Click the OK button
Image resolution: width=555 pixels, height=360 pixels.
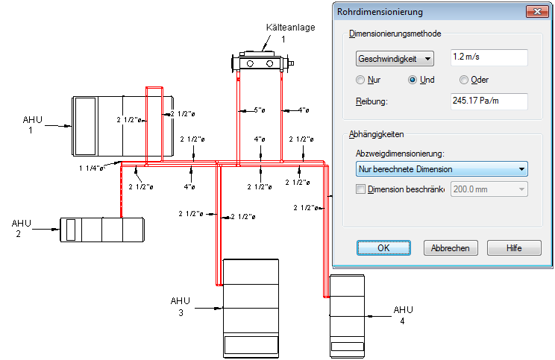tap(383, 248)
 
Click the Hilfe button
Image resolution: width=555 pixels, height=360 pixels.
tap(514, 248)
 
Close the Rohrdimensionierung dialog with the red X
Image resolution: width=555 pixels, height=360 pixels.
tap(535, 11)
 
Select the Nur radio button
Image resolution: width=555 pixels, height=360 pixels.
tap(361, 80)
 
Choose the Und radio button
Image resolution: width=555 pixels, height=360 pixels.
tap(413, 80)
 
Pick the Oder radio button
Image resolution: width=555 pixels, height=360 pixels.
tap(464, 80)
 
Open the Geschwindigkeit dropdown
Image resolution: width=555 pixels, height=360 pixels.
tap(395, 58)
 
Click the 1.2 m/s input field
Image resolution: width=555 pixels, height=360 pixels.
tap(489, 57)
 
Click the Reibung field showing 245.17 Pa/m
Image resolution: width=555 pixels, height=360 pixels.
tap(489, 101)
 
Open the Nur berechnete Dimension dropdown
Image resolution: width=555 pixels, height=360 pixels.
tap(441, 169)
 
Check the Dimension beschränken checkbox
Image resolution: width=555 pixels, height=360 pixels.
tap(362, 189)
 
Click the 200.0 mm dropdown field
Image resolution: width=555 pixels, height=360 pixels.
tap(489, 189)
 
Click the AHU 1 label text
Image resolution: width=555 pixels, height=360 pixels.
tap(32, 124)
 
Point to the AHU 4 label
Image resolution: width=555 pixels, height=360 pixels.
tap(403, 315)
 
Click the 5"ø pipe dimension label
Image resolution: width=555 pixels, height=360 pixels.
tap(259, 110)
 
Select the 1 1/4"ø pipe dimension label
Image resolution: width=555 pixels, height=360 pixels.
tap(92, 168)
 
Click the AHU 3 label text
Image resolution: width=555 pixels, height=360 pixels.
tap(181, 306)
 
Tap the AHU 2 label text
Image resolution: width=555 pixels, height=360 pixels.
tap(22, 228)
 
